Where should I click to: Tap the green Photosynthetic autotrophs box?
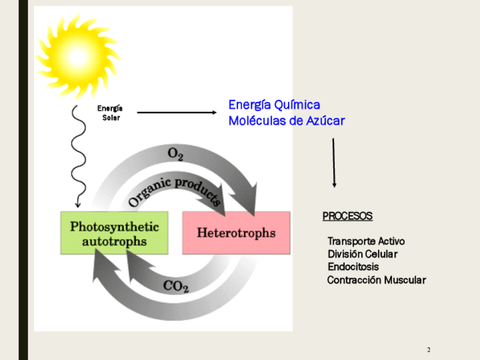coord(114,233)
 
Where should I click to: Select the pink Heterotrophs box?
coord(236,233)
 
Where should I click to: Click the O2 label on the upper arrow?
coord(175,153)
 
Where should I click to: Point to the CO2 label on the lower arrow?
coord(175,286)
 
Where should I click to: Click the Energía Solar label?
coord(110,113)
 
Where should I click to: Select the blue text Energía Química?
coord(274,105)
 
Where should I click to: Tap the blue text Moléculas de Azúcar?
coord(286,121)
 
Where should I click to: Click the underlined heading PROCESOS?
coord(348,216)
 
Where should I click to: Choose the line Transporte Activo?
coord(366,241)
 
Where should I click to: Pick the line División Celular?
coord(363,254)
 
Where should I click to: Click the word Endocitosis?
coord(353,267)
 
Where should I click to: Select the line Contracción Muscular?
coord(376,280)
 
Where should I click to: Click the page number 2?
coord(429,349)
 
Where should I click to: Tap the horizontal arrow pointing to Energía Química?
coord(177,113)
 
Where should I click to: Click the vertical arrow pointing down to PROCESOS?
coord(334,162)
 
